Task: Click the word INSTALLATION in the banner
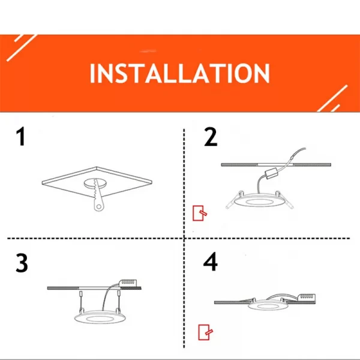click(x=179, y=73)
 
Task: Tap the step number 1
click(x=21, y=137)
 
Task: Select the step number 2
click(x=211, y=137)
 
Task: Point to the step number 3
click(x=22, y=263)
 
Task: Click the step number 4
click(x=211, y=262)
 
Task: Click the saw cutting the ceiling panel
click(x=98, y=195)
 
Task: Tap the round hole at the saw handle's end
click(x=99, y=207)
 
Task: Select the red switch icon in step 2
click(x=199, y=213)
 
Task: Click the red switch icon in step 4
click(x=205, y=332)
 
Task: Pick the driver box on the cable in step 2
click(x=271, y=173)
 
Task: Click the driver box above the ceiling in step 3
click(x=129, y=283)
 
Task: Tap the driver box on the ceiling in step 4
click(x=307, y=297)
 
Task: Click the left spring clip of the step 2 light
click(x=233, y=200)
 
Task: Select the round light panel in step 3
click(x=100, y=317)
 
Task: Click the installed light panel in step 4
click(x=268, y=306)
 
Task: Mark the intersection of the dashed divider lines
click(x=184, y=238)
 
